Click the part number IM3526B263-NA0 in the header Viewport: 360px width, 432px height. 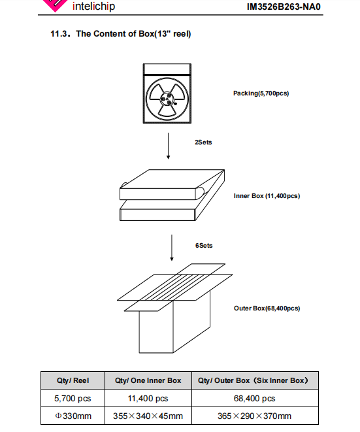(x=284, y=7)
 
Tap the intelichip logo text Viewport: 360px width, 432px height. (x=93, y=6)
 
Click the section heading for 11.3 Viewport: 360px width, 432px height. (x=121, y=34)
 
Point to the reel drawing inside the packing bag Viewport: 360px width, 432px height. (x=167, y=98)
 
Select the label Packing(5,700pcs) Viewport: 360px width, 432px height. (x=261, y=93)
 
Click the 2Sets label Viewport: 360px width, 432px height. (x=203, y=142)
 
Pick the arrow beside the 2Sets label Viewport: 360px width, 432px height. (x=168, y=146)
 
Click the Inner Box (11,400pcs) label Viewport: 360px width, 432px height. (x=267, y=196)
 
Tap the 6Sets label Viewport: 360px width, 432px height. (x=204, y=246)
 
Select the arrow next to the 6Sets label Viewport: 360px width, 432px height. (x=172, y=248)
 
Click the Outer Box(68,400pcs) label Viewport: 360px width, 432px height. (x=267, y=308)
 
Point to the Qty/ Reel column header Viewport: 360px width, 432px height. (x=73, y=380)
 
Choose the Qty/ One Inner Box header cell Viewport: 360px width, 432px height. (x=148, y=380)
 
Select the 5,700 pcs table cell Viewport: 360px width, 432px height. (x=73, y=399)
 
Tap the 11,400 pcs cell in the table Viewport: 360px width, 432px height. (x=148, y=399)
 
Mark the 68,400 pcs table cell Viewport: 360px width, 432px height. (x=255, y=399)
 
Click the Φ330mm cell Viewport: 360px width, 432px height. (x=73, y=416)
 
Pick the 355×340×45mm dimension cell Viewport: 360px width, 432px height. (x=148, y=416)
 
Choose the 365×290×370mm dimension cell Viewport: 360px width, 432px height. (x=255, y=416)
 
